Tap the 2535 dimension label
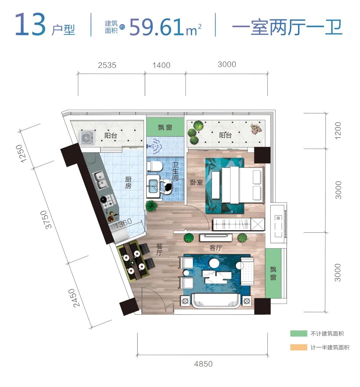[107, 65]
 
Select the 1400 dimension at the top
[161, 65]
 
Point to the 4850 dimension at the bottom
[203, 364]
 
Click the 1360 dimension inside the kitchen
[123, 223]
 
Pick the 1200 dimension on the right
[338, 131]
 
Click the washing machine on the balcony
[87, 138]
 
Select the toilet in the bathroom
[154, 166]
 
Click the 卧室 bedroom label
[196, 182]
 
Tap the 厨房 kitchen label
[128, 182]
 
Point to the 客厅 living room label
[216, 248]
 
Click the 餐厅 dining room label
[159, 250]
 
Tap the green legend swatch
[299, 333]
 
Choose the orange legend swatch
[299, 347]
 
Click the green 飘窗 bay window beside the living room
[273, 273]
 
